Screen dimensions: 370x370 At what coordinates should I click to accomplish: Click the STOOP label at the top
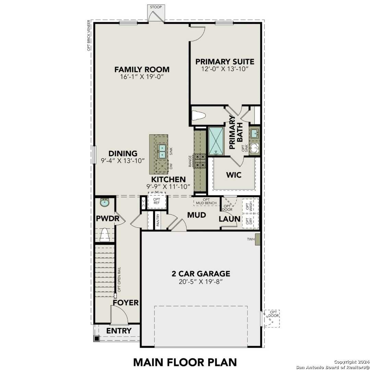point(155,7)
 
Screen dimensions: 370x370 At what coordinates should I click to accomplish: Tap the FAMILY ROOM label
point(142,70)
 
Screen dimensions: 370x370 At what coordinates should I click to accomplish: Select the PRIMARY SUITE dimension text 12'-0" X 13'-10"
point(225,69)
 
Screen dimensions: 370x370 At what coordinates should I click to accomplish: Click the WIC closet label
point(234,175)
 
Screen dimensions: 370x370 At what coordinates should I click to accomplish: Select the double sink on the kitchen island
point(162,151)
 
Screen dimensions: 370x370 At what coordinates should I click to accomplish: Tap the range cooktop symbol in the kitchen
point(200,161)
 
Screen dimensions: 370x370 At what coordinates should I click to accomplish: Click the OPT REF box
point(157,202)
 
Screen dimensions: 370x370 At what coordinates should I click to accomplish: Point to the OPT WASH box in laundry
point(250,207)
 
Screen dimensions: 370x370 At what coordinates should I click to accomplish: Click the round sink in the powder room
point(104,203)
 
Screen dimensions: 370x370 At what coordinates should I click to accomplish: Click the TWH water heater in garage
point(257,239)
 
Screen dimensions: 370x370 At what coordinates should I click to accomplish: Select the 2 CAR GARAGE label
point(201,274)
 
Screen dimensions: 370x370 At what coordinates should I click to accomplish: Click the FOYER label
point(126,303)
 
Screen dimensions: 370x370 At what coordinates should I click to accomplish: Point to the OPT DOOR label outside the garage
point(273,314)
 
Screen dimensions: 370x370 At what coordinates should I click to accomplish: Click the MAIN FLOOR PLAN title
point(185,362)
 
